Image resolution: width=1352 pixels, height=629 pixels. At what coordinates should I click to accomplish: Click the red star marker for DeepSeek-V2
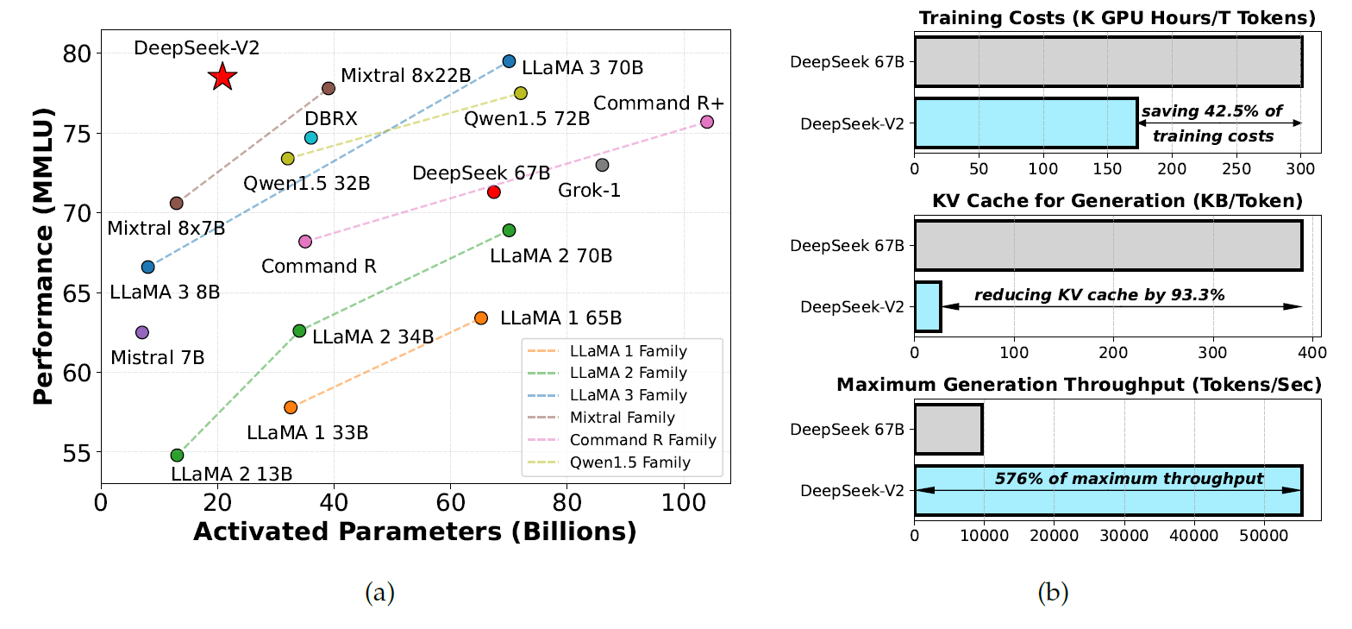(222, 77)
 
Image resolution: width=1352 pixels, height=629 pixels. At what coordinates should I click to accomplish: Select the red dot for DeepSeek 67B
(494, 192)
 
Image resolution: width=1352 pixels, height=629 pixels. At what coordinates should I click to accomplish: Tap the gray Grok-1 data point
(603, 165)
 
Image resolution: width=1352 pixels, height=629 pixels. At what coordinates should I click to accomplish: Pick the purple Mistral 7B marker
(142, 332)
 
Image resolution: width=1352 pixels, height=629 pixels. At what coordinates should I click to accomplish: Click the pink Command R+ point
(707, 122)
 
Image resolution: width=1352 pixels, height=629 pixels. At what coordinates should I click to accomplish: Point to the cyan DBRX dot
(311, 138)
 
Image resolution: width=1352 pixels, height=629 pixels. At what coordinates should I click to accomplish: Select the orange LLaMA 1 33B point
(291, 407)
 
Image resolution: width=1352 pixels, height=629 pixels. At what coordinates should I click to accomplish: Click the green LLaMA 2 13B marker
(177, 455)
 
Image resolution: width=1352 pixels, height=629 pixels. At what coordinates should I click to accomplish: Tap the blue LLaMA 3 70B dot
(509, 61)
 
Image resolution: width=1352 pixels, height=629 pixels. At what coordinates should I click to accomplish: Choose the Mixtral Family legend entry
(620, 418)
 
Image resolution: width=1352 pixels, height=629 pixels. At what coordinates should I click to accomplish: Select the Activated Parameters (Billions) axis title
(415, 532)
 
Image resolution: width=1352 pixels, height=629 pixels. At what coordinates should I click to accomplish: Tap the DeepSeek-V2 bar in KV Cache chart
(928, 306)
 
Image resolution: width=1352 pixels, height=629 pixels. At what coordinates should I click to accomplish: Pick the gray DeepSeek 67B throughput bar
(948, 429)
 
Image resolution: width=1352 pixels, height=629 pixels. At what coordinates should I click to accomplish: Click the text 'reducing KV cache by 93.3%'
(1099, 295)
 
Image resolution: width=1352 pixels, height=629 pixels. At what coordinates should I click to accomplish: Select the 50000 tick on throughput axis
(1264, 535)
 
